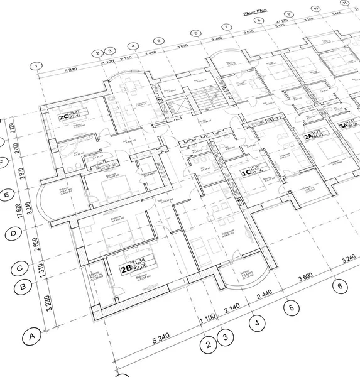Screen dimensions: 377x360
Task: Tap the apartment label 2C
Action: click(63, 117)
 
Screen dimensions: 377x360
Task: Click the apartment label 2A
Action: click(308, 136)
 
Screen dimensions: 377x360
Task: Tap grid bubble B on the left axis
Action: click(23, 288)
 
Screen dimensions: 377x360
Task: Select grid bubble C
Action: click(19, 268)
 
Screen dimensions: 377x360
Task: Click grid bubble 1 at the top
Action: click(37, 65)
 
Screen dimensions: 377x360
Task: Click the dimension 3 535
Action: click(249, 31)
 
